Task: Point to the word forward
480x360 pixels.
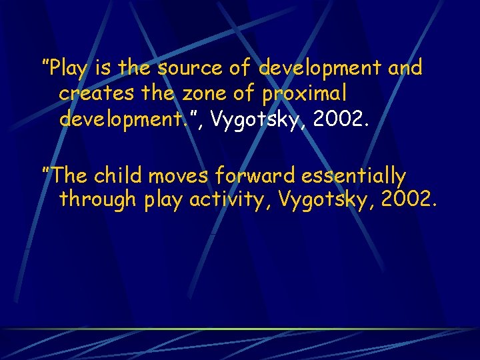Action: point(255,176)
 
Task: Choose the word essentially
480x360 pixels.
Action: point(353,176)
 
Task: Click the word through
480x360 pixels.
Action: point(99,199)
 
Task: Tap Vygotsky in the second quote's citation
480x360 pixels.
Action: point(324,199)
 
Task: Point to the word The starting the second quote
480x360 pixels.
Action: point(69,176)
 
